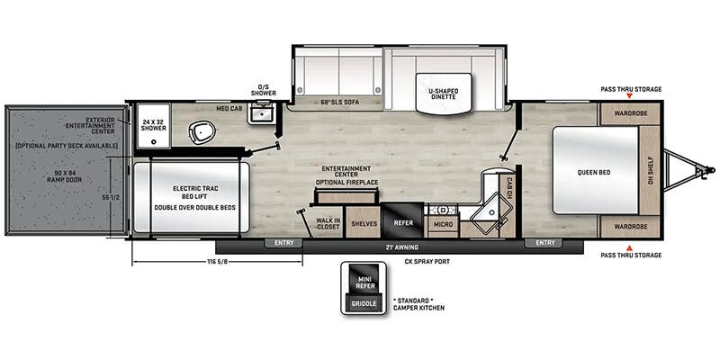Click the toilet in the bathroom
[202, 132]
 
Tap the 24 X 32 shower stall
[154, 125]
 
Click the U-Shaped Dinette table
[444, 93]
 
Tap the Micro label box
[443, 224]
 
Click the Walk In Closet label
[328, 223]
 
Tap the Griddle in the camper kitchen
[364, 303]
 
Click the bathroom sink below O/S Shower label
[261, 113]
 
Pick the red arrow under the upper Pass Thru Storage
[629, 96]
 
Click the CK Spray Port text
[427, 262]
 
